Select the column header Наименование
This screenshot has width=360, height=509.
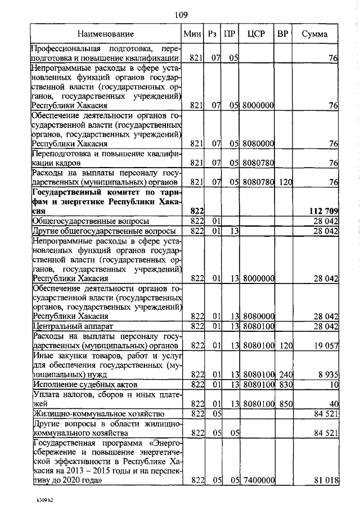click(x=106, y=35)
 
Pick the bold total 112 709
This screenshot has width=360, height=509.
click(x=323, y=210)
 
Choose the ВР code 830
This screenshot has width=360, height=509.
click(x=286, y=384)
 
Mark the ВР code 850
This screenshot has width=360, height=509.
click(x=286, y=404)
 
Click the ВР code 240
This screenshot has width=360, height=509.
click(x=286, y=374)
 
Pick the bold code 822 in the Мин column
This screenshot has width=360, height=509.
click(x=196, y=210)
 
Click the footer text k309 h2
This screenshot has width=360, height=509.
click(x=41, y=499)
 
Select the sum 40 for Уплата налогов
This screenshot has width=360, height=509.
click(x=334, y=404)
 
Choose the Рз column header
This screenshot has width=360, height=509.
click(x=212, y=35)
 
